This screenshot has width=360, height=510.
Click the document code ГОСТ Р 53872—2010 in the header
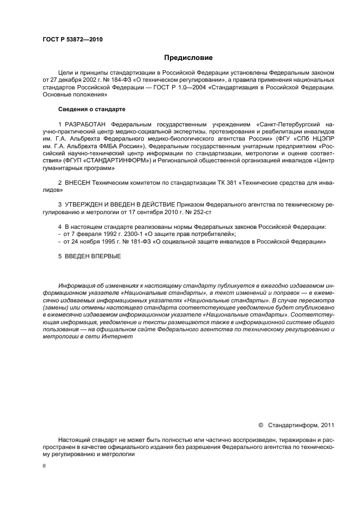click(72, 40)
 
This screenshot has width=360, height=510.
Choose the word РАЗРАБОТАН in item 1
click(86, 125)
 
